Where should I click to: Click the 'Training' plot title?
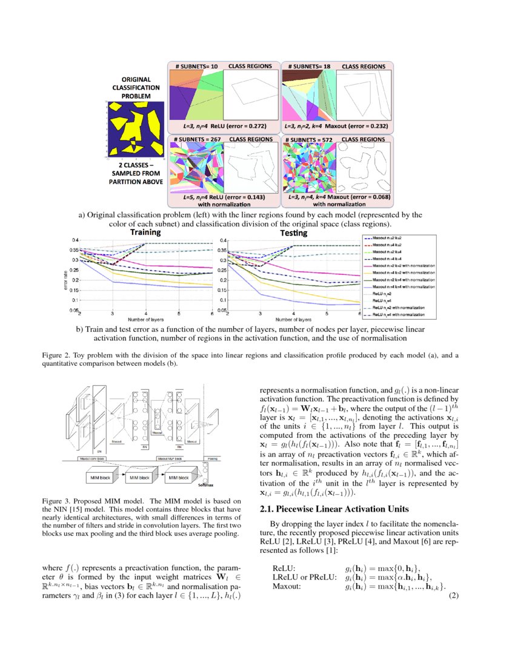click(x=145, y=232)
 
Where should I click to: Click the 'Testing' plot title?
click(x=293, y=232)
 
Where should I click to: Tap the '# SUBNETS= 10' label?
click(x=193, y=65)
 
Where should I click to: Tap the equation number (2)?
click(x=453, y=596)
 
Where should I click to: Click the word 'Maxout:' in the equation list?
click(x=285, y=587)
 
